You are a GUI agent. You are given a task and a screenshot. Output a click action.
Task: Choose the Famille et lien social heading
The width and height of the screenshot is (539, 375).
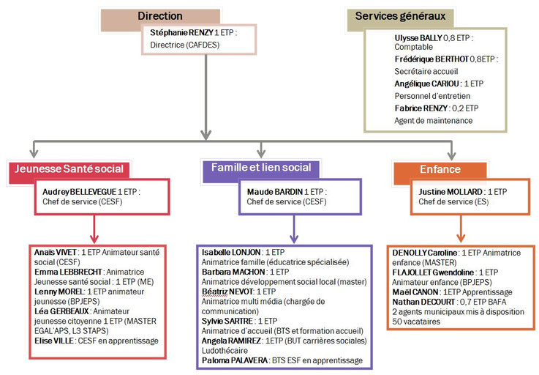coord(261,168)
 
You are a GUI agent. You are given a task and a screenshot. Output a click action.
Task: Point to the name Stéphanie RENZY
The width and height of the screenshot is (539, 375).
coord(178,33)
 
